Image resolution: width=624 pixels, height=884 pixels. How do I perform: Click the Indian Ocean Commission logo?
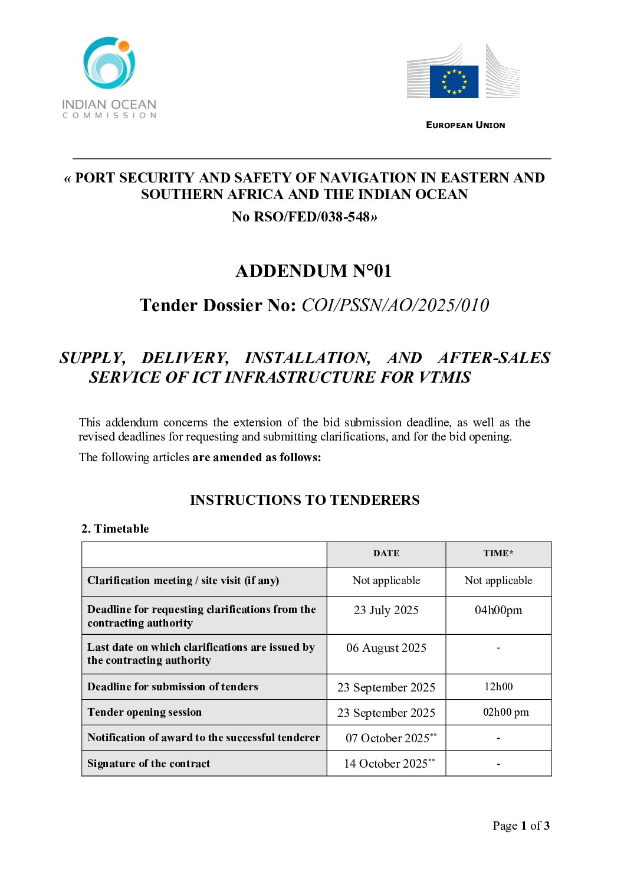click(x=109, y=77)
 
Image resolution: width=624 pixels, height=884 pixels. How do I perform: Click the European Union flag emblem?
click(x=454, y=81)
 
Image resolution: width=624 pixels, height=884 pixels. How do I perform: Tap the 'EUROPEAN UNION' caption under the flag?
click(x=465, y=125)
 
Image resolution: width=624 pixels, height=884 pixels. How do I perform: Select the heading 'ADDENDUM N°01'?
click(x=313, y=271)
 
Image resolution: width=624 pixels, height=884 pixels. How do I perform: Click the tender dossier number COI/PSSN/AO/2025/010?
click(x=395, y=305)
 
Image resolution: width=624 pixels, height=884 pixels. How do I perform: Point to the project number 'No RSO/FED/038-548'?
click(x=304, y=217)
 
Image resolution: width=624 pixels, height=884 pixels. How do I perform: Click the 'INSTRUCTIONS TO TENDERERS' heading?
click(x=304, y=500)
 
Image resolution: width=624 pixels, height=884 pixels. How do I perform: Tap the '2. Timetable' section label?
click(x=115, y=529)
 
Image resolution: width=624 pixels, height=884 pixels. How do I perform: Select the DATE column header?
click(x=386, y=553)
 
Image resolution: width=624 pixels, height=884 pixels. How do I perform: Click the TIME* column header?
click(x=498, y=553)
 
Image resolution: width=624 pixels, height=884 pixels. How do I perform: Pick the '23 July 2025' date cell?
click(x=386, y=610)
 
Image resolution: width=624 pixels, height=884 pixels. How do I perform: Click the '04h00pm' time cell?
click(x=498, y=610)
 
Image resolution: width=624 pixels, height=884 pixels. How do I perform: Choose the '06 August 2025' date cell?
click(x=386, y=648)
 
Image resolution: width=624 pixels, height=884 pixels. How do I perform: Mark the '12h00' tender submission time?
click(x=498, y=687)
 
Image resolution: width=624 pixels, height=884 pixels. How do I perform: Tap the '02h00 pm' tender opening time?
click(x=505, y=712)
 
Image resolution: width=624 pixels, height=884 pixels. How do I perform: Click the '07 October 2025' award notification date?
click(x=387, y=738)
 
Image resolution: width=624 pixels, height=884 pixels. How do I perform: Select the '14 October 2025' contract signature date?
click(x=386, y=764)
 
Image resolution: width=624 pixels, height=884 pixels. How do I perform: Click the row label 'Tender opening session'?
click(x=144, y=712)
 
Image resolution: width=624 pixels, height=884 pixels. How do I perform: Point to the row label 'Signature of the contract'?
click(x=149, y=764)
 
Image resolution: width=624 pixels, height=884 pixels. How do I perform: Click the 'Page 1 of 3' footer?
click(x=521, y=826)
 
